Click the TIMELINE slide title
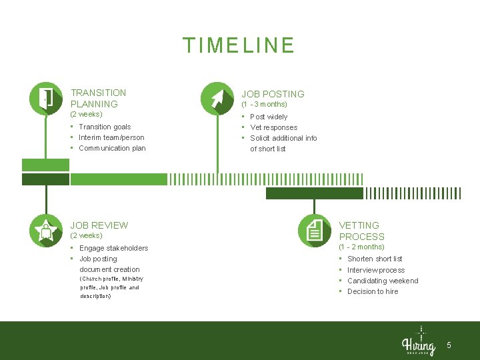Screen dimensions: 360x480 pos(239,45)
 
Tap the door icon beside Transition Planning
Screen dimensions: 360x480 pos(46,98)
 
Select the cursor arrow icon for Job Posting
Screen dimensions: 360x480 pos(217,98)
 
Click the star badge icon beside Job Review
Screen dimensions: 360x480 pos(46,230)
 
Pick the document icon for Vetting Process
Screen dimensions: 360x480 pos(314,230)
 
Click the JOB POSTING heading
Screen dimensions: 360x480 pos(273,94)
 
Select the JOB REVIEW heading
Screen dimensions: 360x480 pos(99,225)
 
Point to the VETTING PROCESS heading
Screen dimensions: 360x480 pos(361,231)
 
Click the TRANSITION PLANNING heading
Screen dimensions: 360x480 pos(98,98)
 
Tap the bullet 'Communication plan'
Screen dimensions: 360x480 pos(112,148)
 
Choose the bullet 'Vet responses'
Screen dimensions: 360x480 pos(273,127)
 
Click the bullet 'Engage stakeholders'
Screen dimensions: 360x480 pos(113,248)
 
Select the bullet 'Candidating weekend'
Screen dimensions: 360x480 pos(383,281)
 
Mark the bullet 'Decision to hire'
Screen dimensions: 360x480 pos(373,291)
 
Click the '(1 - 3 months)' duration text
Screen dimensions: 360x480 pos(264,105)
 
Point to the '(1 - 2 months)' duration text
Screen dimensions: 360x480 pos(361,247)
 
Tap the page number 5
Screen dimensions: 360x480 pos(449,345)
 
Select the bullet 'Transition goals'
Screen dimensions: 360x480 pos(105,127)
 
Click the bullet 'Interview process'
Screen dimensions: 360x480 pos(376,270)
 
